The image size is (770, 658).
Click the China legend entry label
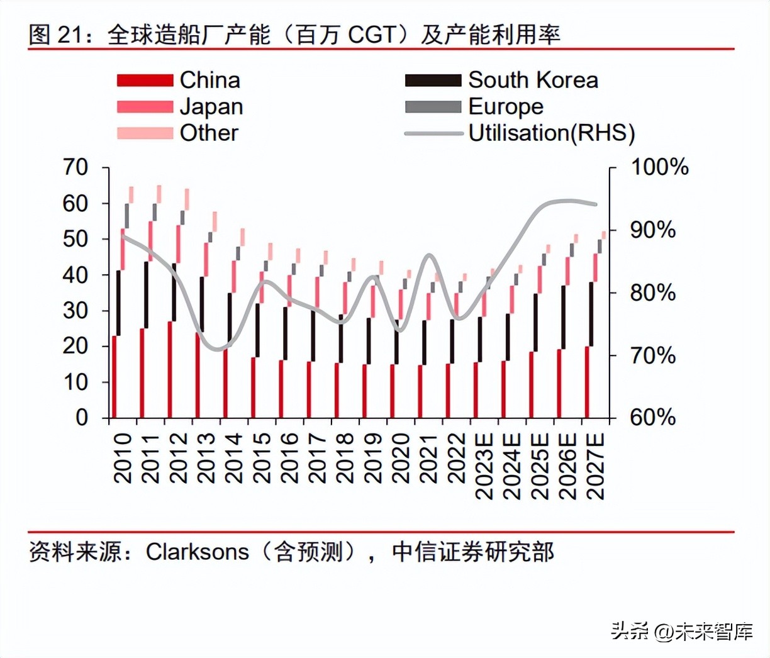(x=209, y=80)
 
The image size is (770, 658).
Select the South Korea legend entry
(x=533, y=80)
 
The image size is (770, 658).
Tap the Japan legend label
(x=211, y=107)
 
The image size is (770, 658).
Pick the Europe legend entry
(x=506, y=106)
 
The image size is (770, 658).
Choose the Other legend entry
(x=209, y=133)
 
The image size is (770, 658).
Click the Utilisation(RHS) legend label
(x=552, y=133)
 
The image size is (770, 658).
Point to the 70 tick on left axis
(x=75, y=167)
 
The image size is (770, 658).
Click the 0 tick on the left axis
(x=82, y=417)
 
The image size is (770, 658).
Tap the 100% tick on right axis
(x=659, y=167)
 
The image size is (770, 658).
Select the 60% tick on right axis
(x=653, y=417)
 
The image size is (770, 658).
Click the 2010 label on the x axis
(x=123, y=457)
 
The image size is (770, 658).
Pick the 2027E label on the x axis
(x=595, y=466)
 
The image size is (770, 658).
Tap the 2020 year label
(x=401, y=457)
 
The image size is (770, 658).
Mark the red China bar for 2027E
(x=587, y=382)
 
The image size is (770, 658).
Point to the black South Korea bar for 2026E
(x=564, y=317)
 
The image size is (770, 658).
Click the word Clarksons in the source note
(x=198, y=552)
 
